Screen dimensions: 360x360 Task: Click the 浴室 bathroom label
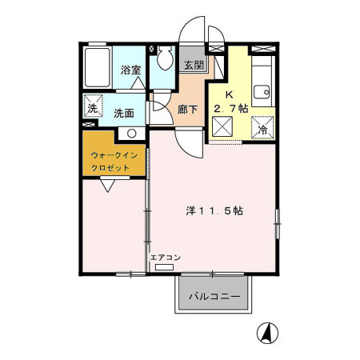click(131, 70)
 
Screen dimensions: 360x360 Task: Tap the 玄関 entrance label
click(194, 66)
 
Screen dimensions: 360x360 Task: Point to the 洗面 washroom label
click(124, 113)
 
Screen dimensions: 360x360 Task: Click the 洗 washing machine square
click(93, 108)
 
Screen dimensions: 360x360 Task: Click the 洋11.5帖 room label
click(215, 211)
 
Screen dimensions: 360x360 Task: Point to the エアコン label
click(166, 257)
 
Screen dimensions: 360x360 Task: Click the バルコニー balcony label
click(214, 296)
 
